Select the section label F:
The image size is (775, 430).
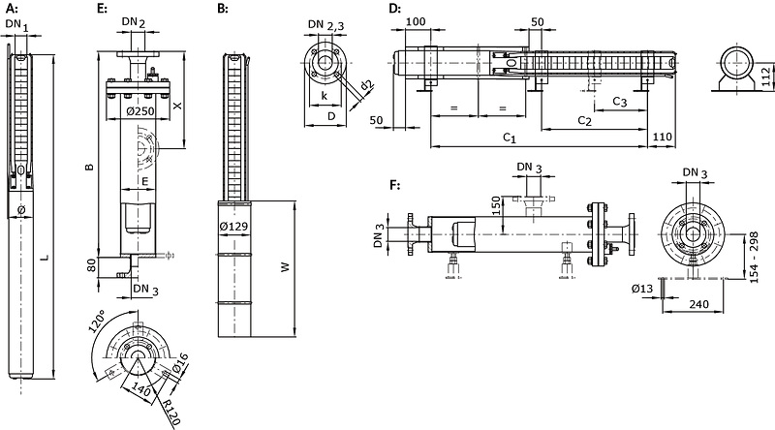(394, 185)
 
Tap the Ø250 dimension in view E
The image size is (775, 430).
(140, 111)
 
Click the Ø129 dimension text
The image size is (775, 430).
(233, 227)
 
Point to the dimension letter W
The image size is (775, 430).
(285, 267)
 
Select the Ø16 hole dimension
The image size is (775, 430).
(180, 363)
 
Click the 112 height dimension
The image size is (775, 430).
(765, 77)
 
